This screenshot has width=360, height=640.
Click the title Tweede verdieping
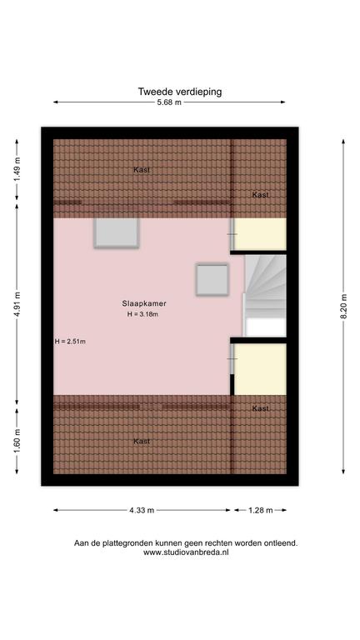tap(180, 92)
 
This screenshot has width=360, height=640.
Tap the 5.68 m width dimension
tap(169, 102)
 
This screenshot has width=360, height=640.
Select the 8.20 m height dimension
tap(343, 306)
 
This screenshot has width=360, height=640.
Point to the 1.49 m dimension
tap(17, 170)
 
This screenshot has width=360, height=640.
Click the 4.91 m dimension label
tap(17, 304)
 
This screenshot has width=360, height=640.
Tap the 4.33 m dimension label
tap(142, 510)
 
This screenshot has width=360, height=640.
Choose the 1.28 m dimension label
tap(260, 510)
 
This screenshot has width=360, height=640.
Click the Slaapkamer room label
tap(143, 303)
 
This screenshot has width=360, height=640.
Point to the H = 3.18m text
tap(142, 314)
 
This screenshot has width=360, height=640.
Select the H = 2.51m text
tap(70, 342)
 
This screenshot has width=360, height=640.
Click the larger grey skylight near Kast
tap(117, 233)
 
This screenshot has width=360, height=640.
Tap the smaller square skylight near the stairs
tap(212, 280)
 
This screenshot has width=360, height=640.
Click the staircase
tap(265, 296)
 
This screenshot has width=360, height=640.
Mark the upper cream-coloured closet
tap(260, 234)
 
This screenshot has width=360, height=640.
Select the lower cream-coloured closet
tap(260, 369)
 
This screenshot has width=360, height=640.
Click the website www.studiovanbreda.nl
tap(186, 552)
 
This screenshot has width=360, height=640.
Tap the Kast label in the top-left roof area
tap(142, 170)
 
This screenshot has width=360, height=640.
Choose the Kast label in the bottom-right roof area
tap(260, 408)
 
